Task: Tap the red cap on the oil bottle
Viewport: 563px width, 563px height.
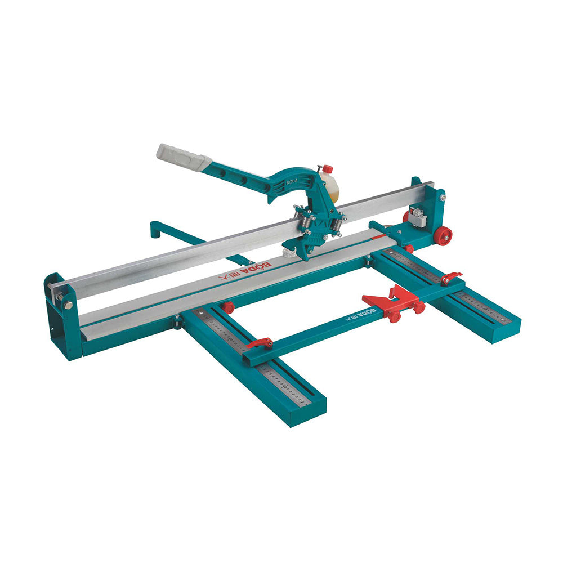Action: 327,169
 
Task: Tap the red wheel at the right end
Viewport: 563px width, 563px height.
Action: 443,235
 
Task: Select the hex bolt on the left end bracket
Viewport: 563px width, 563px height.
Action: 68,305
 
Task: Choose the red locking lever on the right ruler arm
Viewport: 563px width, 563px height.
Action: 451,277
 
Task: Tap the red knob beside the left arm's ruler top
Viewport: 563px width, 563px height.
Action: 227,307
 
